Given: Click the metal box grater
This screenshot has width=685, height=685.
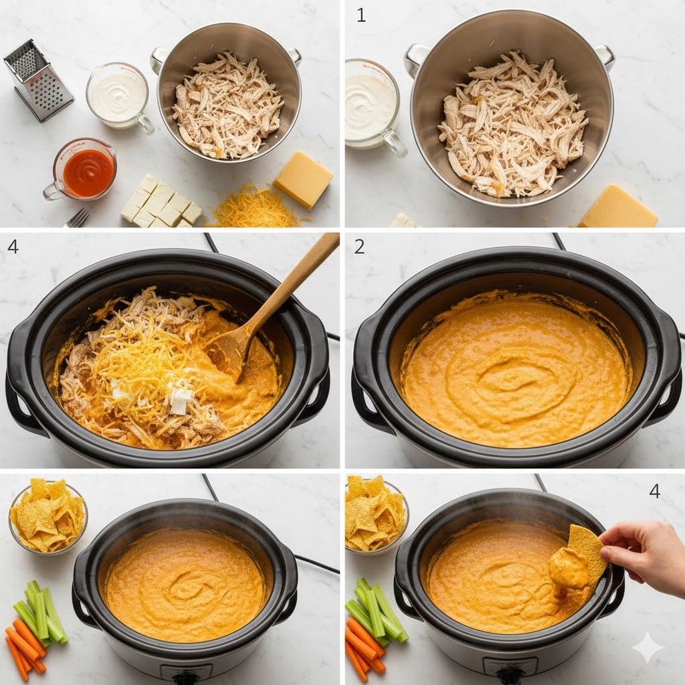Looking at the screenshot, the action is [x=37, y=80].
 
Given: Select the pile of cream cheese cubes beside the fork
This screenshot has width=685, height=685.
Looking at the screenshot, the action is [x=160, y=202].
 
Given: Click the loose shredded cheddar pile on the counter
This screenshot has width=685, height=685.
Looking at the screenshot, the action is [x=254, y=208].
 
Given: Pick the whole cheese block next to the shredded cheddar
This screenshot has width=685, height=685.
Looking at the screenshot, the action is [x=304, y=179].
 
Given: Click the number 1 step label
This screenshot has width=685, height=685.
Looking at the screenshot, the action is [x=361, y=15].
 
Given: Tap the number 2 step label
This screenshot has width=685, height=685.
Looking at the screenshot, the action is [x=359, y=247].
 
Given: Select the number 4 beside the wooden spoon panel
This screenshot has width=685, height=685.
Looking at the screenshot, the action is [x=13, y=247].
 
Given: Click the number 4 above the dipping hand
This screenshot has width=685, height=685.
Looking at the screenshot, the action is [x=654, y=491].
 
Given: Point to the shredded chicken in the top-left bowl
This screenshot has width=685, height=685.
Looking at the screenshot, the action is [x=227, y=106].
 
